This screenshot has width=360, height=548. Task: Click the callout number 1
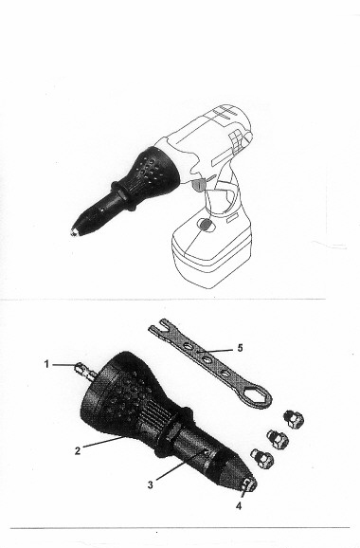[x=46, y=364]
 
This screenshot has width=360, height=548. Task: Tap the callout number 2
[x=78, y=450]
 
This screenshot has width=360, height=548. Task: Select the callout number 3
[x=150, y=484]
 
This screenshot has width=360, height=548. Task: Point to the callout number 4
[x=239, y=505]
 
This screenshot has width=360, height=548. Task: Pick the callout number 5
[x=240, y=348]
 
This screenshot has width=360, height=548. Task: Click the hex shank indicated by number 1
[x=85, y=371]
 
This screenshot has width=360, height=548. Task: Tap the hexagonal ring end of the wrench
[x=258, y=395]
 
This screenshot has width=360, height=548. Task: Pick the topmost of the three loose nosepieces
[x=294, y=419]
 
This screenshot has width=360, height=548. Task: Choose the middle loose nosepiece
[x=278, y=439]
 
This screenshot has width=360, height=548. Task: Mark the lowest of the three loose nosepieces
[x=261, y=459]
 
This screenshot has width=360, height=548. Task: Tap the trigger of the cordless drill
[x=198, y=185]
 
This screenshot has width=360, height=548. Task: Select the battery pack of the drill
[x=211, y=250]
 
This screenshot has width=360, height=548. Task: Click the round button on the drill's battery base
[x=205, y=225]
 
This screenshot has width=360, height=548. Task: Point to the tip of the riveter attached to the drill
[x=74, y=231]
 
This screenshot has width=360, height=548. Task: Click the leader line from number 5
[x=214, y=350]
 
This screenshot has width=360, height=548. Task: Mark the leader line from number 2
[x=103, y=441]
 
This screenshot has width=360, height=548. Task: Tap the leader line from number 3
[x=181, y=465]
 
